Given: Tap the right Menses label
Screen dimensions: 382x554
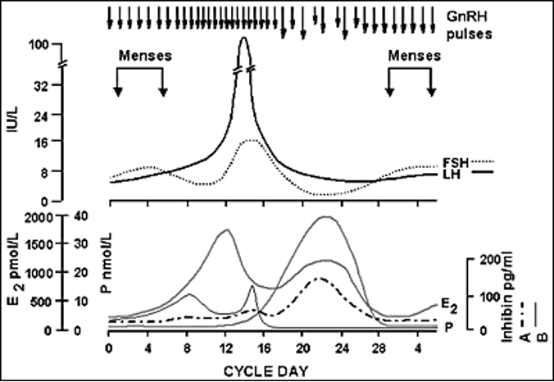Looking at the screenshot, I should point(415,56).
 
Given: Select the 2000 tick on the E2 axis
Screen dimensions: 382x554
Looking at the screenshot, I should point(54,217).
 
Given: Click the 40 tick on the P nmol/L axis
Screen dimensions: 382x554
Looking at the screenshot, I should point(93,217).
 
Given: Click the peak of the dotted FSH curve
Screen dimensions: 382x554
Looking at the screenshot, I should point(252,140).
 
